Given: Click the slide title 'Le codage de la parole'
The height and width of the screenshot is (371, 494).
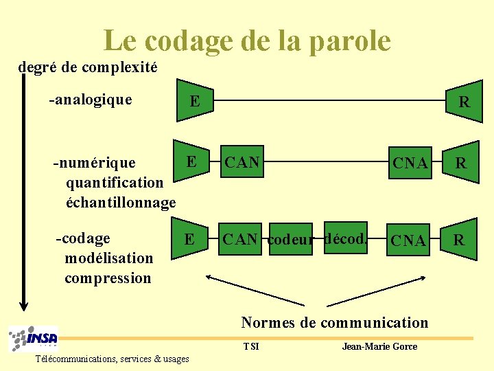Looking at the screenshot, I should click(x=247, y=41).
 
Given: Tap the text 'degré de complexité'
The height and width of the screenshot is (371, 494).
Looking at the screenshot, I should click(x=88, y=67).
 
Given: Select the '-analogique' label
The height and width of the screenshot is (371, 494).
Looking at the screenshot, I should click(x=90, y=100).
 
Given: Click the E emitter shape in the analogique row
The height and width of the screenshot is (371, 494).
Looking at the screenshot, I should click(x=193, y=102).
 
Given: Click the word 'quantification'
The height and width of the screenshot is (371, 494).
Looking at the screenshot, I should click(x=115, y=183).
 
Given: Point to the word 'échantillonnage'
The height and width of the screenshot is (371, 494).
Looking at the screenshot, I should click(x=121, y=203).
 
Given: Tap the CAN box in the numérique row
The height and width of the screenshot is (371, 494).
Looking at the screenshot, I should click(x=242, y=163).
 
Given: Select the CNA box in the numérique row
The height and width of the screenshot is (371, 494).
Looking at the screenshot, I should click(x=410, y=164).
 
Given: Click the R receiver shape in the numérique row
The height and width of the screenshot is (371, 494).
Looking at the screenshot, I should click(x=461, y=164).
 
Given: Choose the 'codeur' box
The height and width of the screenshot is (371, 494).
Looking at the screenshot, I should click(x=289, y=239).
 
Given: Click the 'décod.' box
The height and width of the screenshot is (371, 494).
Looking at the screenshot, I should click(x=346, y=238).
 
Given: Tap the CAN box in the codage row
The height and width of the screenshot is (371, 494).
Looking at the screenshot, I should click(x=240, y=239).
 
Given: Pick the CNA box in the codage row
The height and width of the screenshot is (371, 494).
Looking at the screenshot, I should click(x=410, y=240).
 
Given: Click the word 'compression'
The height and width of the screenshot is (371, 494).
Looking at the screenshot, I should click(x=108, y=278).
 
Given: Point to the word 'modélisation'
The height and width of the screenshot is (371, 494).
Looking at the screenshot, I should click(x=108, y=258).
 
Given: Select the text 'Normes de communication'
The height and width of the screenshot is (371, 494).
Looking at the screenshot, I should click(x=334, y=322).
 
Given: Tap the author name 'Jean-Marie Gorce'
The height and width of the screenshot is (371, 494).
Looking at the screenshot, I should click(x=379, y=346).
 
